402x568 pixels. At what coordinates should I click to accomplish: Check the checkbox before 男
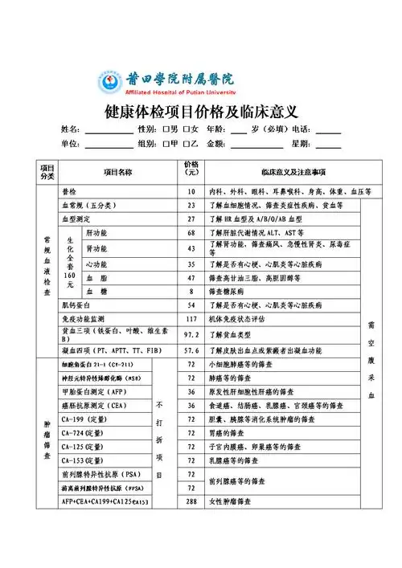pyautogui.click(x=165, y=129)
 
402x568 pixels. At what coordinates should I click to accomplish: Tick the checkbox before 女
pyautogui.click(x=187, y=129)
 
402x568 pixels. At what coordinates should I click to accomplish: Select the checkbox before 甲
pyautogui.click(x=165, y=144)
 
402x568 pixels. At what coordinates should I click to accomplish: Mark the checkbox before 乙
pyautogui.click(x=187, y=144)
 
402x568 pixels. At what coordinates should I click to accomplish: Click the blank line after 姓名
pyautogui.click(x=109, y=130)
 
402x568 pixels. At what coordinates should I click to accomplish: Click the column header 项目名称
pyautogui.click(x=117, y=172)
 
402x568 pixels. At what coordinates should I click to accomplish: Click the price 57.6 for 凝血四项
pyautogui.click(x=191, y=351)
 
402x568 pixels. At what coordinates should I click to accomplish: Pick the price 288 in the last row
pyautogui.click(x=191, y=502)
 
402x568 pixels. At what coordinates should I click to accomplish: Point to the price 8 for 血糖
pyautogui.click(x=191, y=291)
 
